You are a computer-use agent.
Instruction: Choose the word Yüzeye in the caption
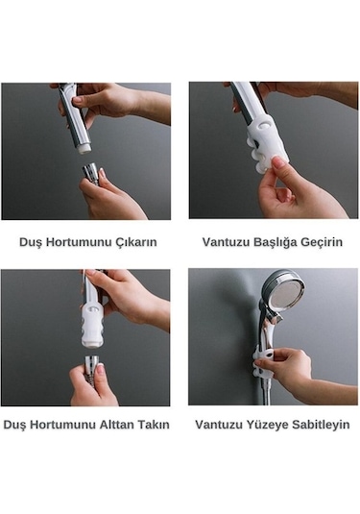(268, 424)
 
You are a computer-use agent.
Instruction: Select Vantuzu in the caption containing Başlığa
(224, 242)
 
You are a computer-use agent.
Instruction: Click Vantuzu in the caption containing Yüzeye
(220, 424)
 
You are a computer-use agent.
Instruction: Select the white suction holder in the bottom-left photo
(93, 327)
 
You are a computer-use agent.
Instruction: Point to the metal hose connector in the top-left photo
(91, 174)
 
